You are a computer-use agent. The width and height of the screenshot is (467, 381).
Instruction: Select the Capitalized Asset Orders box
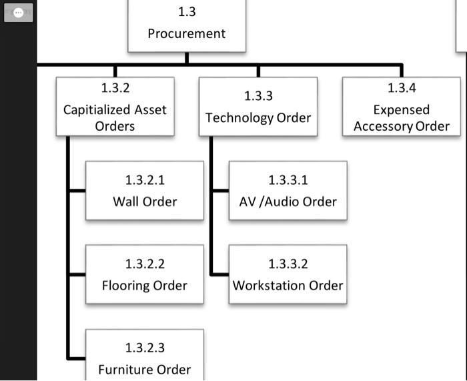(115, 107)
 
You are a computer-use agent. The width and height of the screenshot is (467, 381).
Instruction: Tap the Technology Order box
(258, 107)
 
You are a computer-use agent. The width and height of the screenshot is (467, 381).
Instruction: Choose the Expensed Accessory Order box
(402, 107)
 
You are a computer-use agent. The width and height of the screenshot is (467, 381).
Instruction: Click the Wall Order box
(145, 191)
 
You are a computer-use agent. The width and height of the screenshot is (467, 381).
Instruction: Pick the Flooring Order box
(145, 275)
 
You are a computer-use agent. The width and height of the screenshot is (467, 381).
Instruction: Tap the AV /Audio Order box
(288, 191)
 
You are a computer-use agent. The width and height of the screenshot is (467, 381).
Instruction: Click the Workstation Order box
(288, 275)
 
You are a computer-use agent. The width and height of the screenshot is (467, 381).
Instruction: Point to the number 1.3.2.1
(145, 180)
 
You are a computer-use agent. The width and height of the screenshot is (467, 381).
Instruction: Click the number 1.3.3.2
(288, 264)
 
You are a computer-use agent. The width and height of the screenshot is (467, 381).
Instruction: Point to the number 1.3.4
(402, 88)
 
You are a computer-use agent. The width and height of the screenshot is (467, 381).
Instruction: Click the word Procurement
(187, 33)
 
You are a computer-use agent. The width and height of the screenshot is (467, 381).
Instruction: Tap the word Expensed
(402, 110)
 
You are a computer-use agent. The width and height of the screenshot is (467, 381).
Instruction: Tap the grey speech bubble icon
(19, 13)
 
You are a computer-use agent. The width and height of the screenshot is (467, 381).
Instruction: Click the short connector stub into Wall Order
(77, 191)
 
